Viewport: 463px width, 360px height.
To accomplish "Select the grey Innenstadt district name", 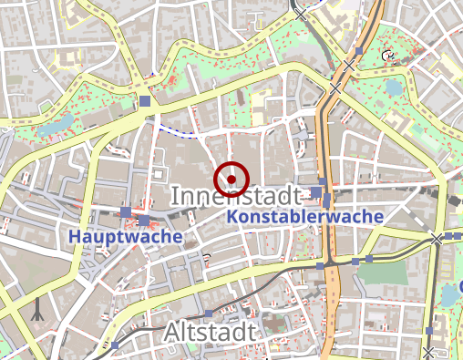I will coord(235,196).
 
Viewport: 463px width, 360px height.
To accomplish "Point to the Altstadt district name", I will coord(211,334).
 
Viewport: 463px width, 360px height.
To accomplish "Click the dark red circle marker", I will coord(232,180).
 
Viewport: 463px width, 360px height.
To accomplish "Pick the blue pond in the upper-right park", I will coord(394,88).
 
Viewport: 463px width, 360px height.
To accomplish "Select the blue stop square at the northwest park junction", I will coord(145,100).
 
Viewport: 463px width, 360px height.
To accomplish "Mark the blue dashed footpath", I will coord(177,133).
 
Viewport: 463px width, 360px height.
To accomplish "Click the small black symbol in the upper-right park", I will coord(390,56).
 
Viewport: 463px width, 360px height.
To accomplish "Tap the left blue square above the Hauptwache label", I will coord(126,212).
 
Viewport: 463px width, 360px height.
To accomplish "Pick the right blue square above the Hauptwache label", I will coord(144,221).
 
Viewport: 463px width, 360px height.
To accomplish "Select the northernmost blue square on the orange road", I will coord(360,50).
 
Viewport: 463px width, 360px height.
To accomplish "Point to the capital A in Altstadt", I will coord(173,334).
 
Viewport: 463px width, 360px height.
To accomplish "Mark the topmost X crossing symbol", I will coord(302,13).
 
